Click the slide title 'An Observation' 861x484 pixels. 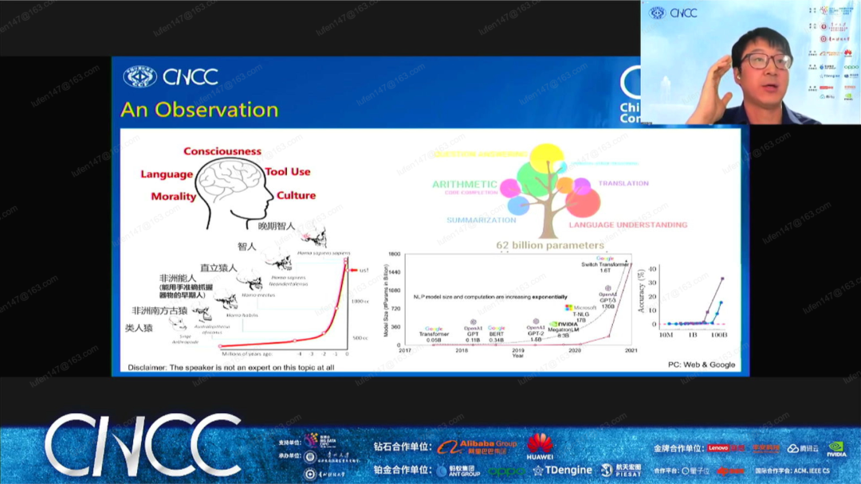tap(199, 110)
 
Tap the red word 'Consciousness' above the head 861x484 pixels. tap(222, 151)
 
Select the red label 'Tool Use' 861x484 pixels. tap(288, 172)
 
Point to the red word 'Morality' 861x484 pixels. tap(173, 197)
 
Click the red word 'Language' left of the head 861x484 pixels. tap(167, 174)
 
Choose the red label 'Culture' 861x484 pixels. tap(296, 196)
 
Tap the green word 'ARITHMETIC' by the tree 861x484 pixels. tap(464, 184)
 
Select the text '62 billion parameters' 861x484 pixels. tap(550, 245)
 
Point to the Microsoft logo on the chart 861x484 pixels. tap(569, 307)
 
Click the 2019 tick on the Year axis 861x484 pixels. tap(518, 350)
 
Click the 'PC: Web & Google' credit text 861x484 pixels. tap(702, 365)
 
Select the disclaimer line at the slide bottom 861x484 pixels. tap(231, 367)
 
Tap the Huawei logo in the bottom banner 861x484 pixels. tap(540, 447)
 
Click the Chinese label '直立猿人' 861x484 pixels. tap(218, 268)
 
